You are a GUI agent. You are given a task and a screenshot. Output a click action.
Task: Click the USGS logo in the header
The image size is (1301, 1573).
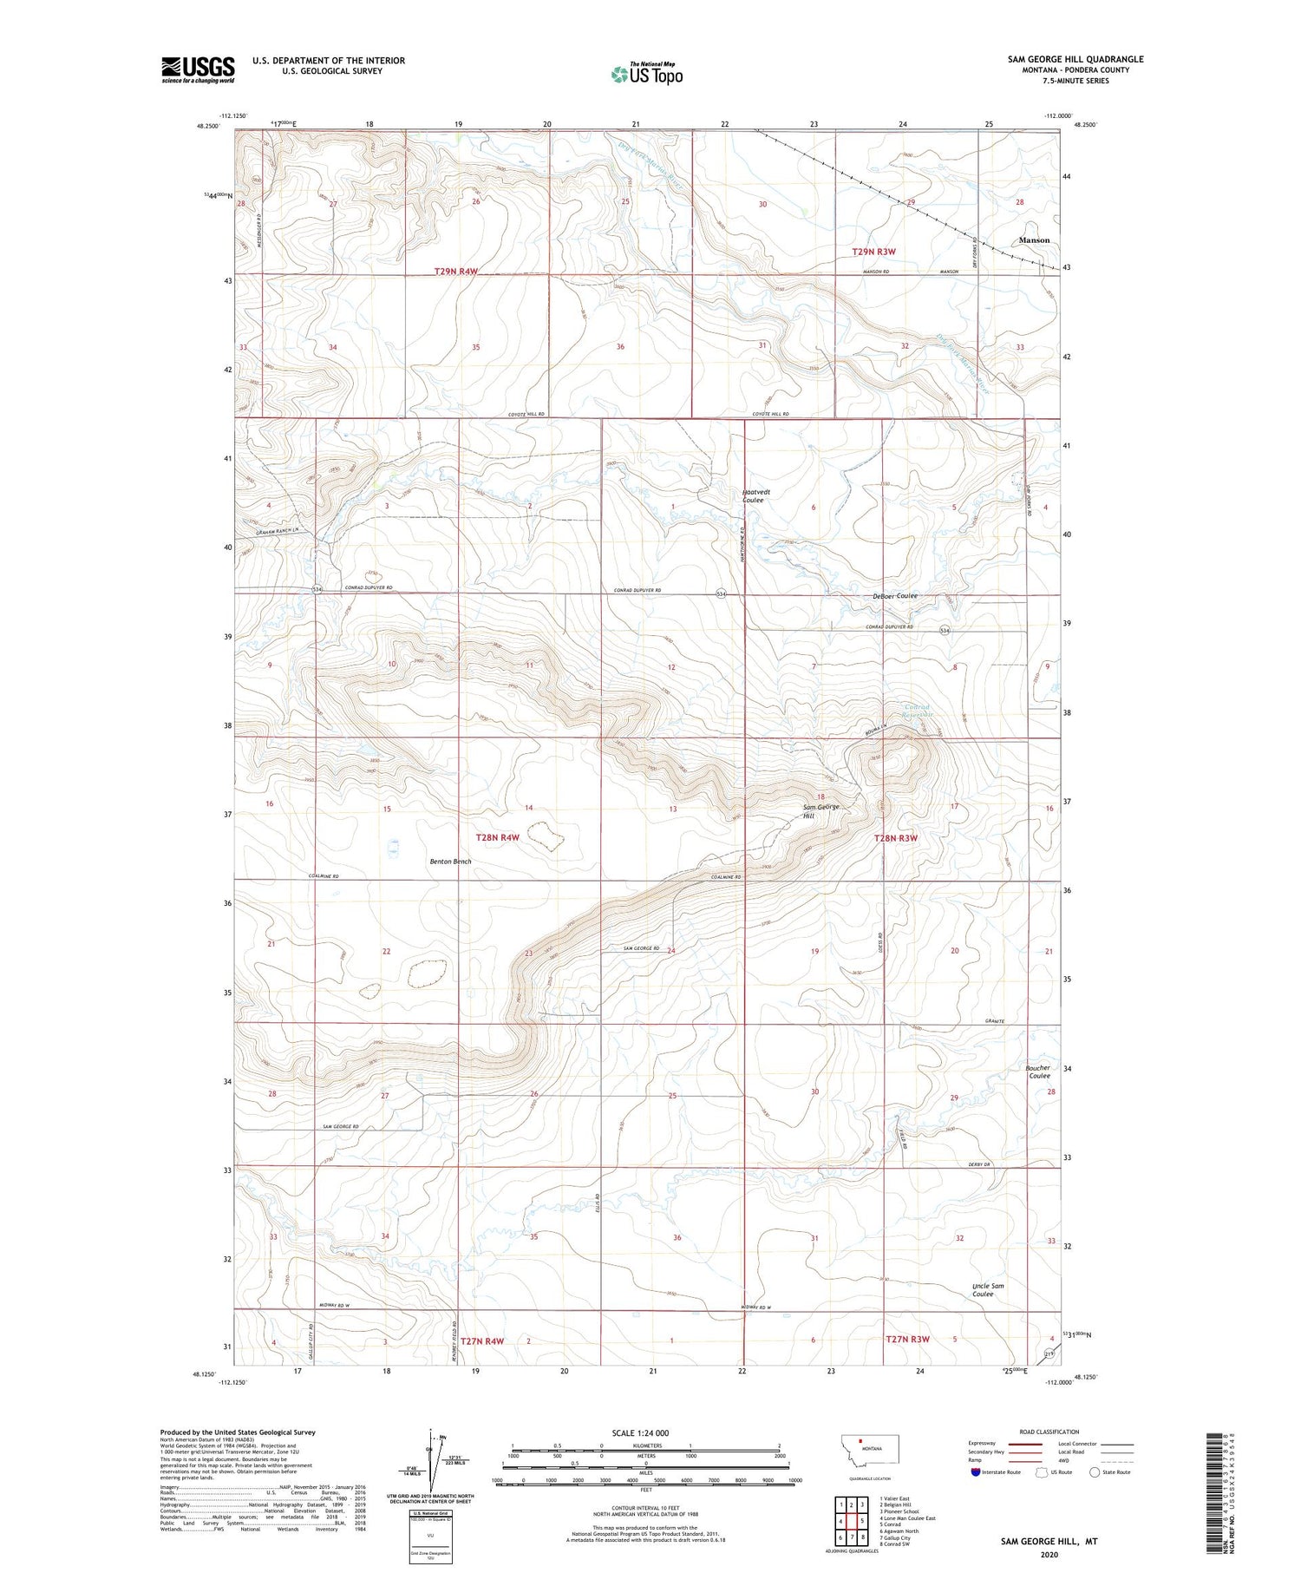(x=198, y=69)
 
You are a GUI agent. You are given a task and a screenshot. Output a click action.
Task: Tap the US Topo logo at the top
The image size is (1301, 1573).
(x=646, y=75)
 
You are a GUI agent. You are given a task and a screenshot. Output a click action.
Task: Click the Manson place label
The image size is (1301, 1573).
(x=1034, y=240)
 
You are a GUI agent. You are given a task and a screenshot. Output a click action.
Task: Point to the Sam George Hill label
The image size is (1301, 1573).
(x=820, y=811)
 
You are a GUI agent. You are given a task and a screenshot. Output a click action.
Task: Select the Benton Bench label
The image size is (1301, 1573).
(x=451, y=862)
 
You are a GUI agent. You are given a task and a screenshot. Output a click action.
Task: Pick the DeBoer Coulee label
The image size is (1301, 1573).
(x=895, y=596)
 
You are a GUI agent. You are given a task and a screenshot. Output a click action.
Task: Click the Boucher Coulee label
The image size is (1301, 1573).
(x=1039, y=1072)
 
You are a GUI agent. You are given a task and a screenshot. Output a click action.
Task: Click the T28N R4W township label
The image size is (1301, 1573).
(x=498, y=837)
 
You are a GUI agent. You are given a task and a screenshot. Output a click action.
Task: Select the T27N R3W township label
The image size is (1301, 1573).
(x=907, y=1339)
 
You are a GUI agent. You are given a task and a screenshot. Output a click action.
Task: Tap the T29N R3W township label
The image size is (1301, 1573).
(x=873, y=252)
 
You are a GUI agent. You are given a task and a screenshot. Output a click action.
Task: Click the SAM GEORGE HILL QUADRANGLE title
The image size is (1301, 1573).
(x=1075, y=59)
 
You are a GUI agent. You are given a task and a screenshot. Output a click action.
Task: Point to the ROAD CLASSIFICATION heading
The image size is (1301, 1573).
(x=1049, y=1432)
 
